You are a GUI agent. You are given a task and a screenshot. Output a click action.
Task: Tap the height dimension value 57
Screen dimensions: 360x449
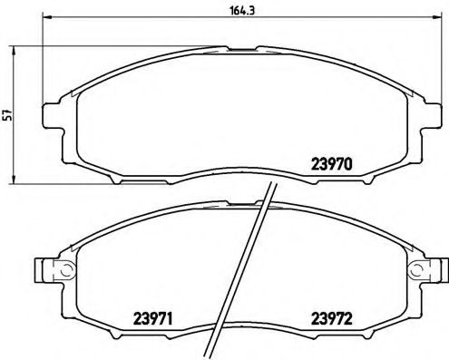point(7,114)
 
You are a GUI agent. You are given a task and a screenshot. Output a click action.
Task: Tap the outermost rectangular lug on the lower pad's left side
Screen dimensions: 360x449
point(41,269)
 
